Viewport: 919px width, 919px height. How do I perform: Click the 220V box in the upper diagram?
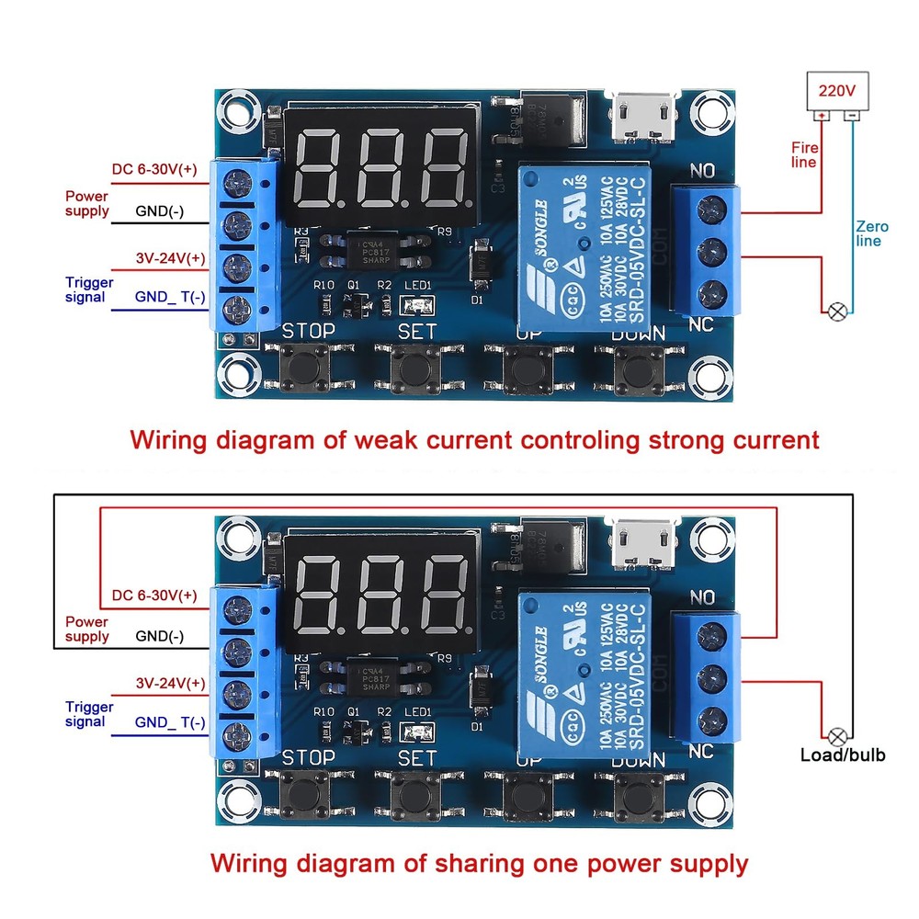point(835,92)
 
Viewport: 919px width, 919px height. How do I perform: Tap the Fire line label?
point(804,153)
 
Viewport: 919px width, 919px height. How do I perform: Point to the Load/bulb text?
point(844,754)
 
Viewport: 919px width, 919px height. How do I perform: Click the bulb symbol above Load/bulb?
point(837,735)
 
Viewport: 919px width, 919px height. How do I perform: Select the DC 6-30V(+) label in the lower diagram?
point(154,595)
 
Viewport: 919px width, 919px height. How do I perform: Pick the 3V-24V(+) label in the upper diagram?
point(170,258)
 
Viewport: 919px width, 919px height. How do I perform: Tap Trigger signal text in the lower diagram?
point(89,714)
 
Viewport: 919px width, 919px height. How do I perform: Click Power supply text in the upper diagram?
point(86,203)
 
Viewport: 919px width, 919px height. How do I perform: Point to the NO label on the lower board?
point(703,598)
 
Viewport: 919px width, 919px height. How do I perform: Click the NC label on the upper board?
point(701,324)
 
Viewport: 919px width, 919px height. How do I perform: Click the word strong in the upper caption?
point(685,439)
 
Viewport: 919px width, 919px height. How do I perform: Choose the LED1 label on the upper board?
point(417,285)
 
